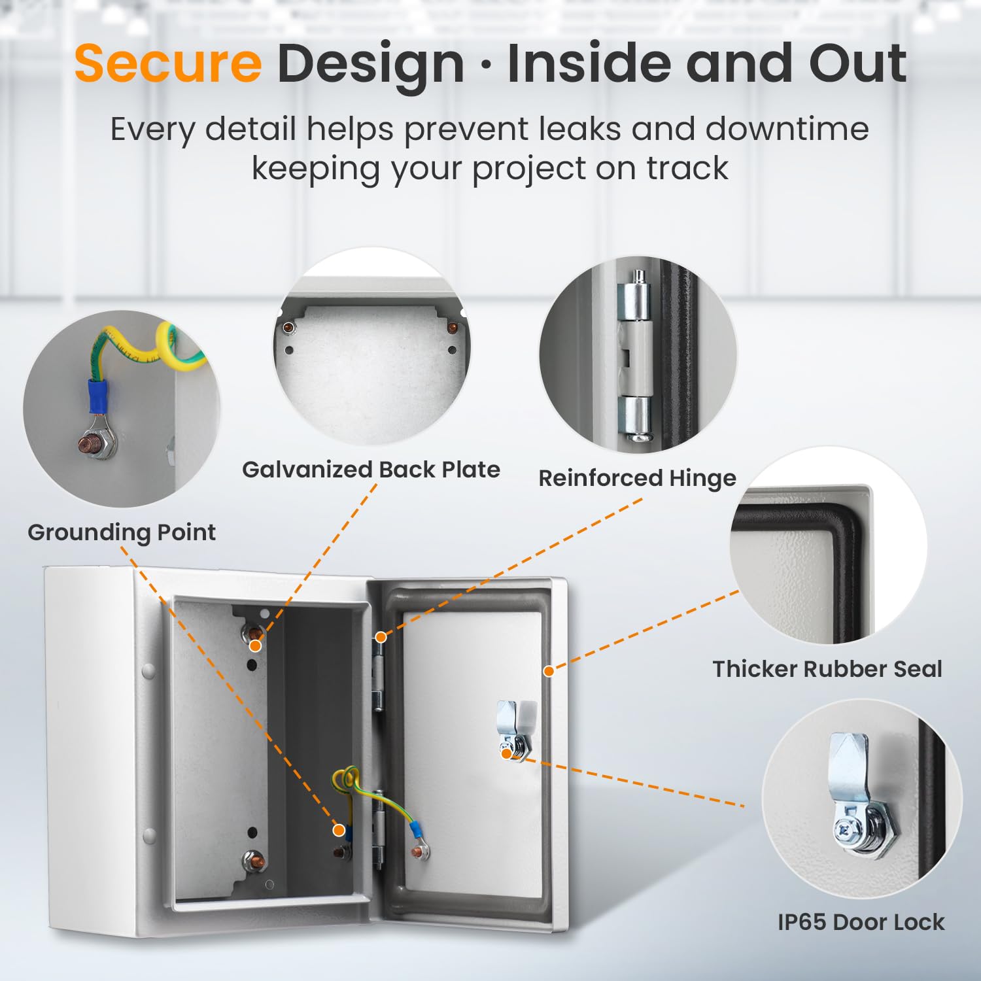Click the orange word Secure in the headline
point(168,63)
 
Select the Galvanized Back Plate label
point(371,470)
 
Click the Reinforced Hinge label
point(637,478)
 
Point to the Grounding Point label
point(122,532)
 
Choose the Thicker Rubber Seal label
point(827,669)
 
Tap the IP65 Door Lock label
point(861,922)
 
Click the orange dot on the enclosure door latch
point(506,753)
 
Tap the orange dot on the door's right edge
point(549,671)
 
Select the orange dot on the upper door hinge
point(380,636)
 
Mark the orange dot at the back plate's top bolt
point(256,645)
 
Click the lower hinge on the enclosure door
point(378,832)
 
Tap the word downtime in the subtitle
point(787,128)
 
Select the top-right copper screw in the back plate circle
point(451,326)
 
